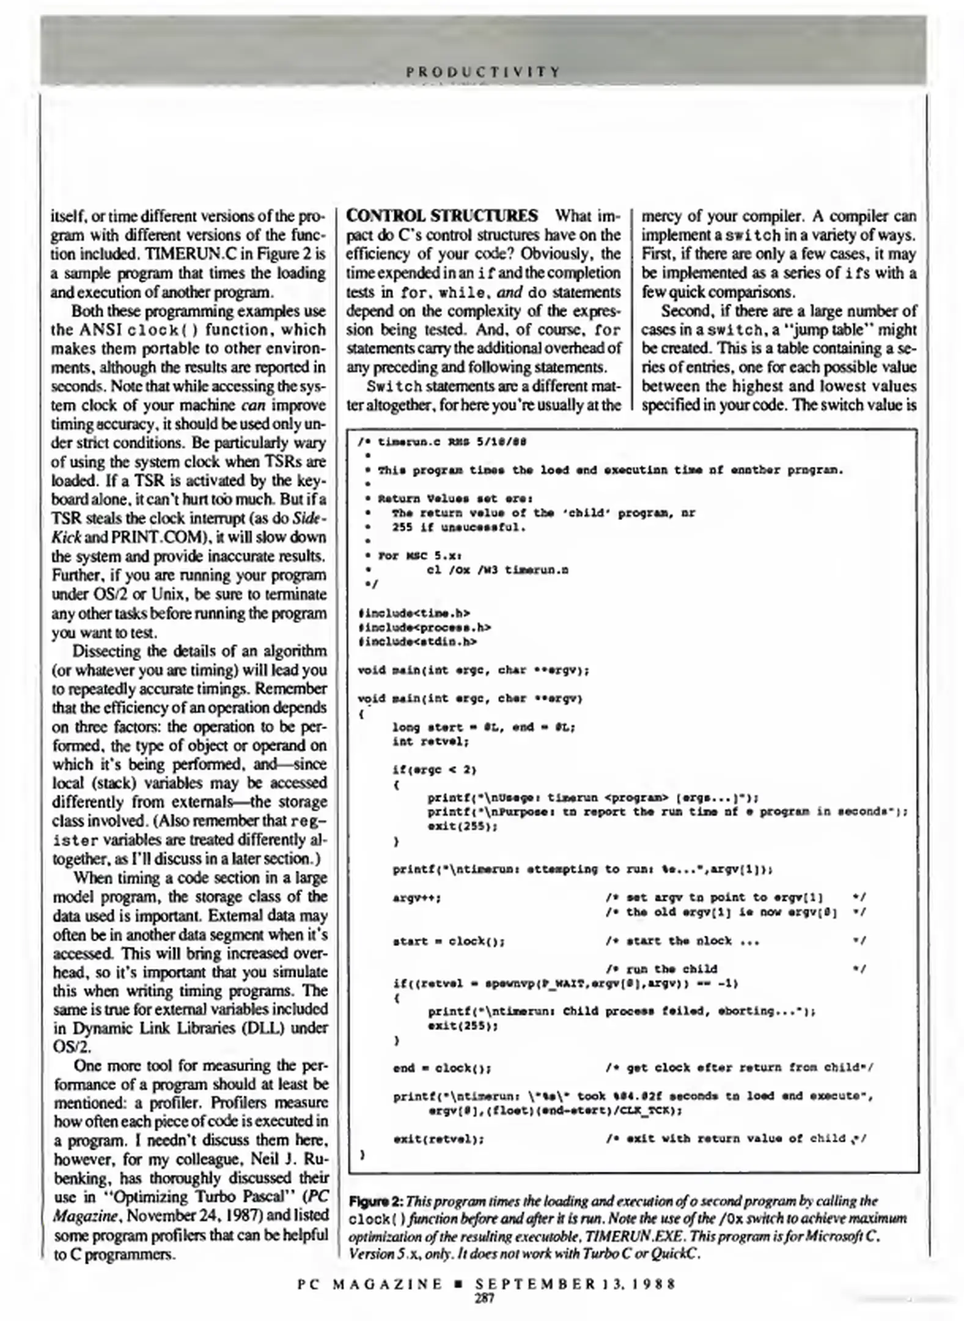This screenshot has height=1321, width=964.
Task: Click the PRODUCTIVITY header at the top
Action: point(483,72)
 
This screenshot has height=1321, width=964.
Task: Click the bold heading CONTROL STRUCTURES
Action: point(442,216)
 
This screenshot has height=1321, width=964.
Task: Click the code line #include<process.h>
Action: point(424,627)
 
